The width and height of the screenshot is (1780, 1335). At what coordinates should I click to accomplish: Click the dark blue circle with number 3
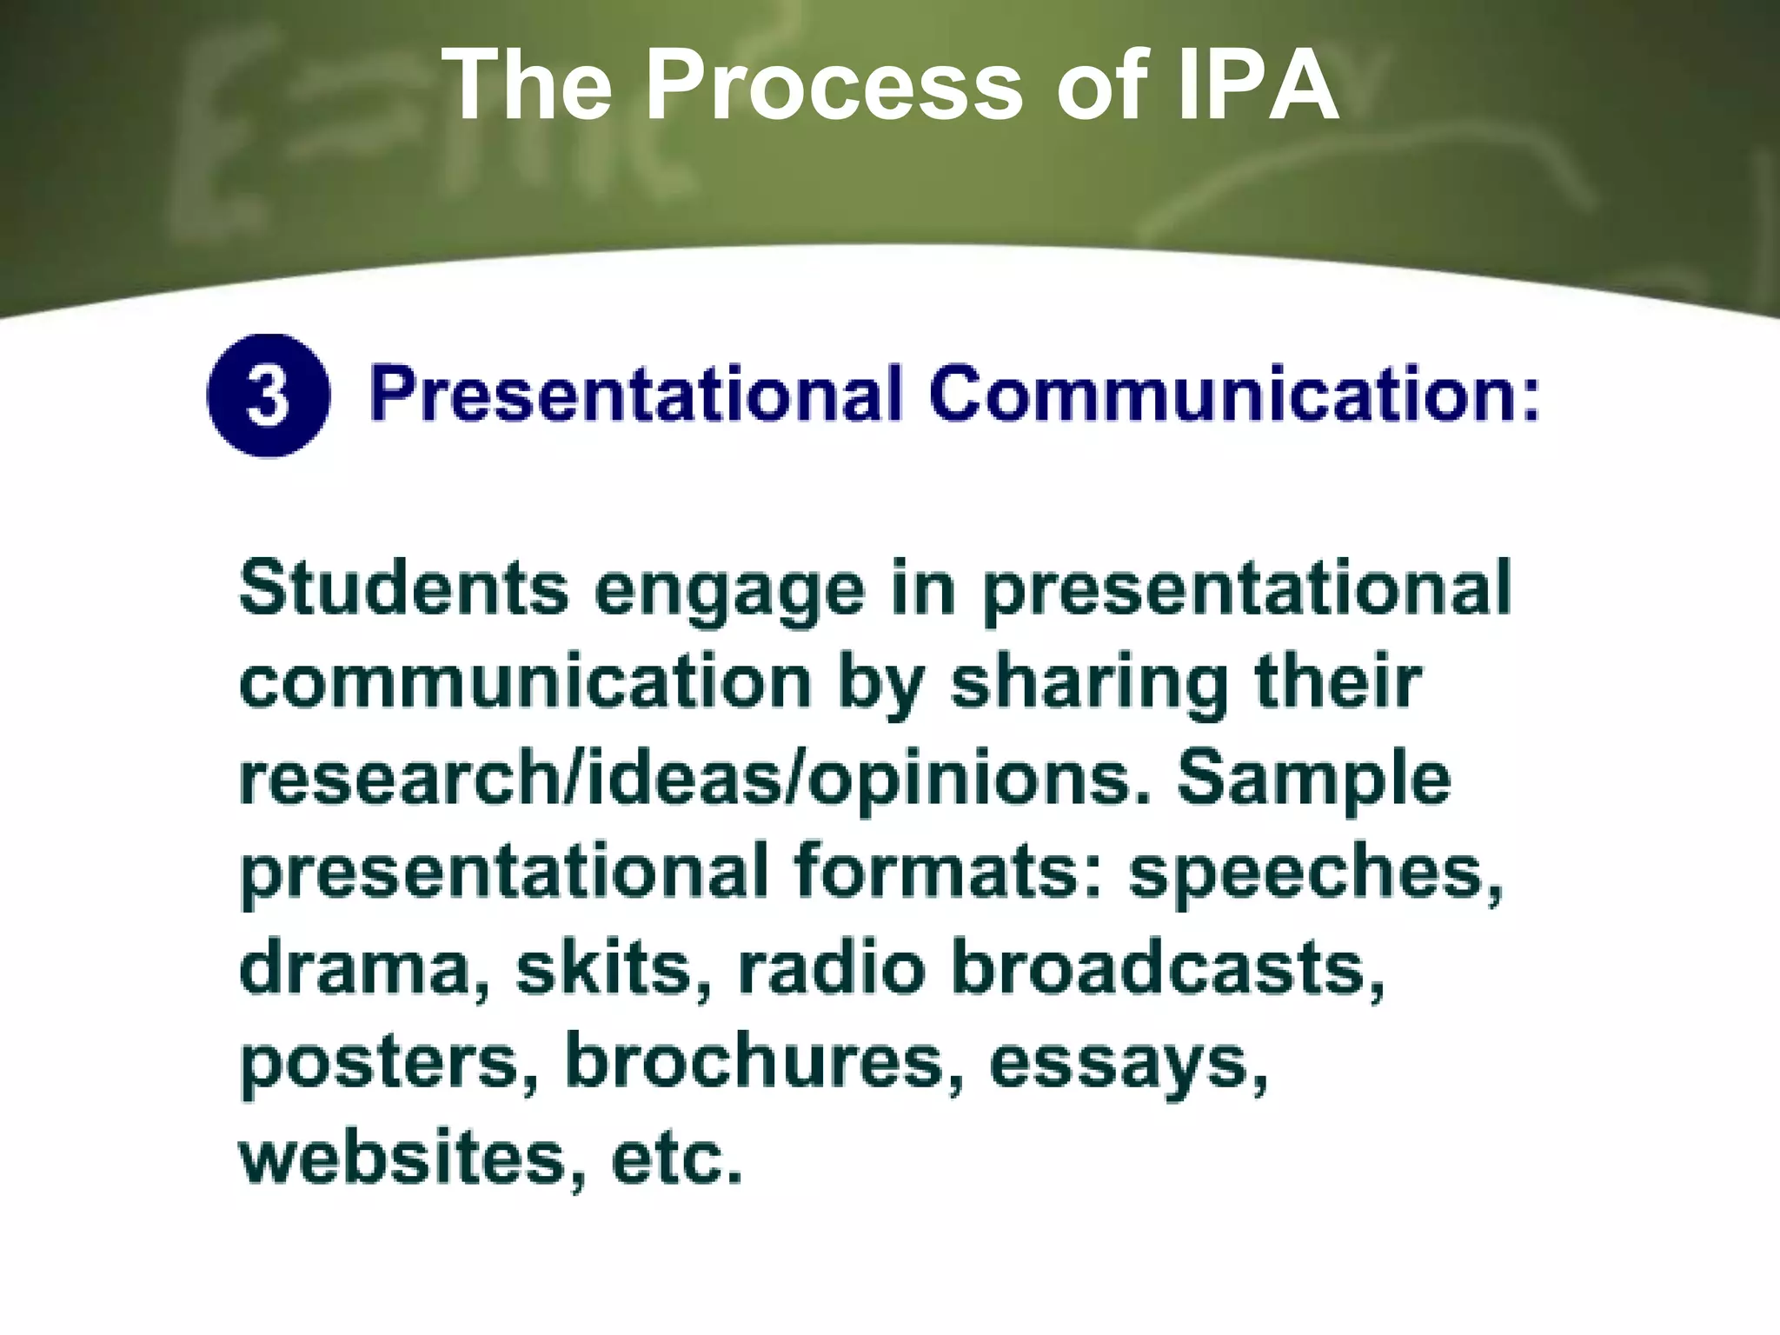point(269,395)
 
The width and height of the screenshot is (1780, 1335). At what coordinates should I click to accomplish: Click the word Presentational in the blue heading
point(636,395)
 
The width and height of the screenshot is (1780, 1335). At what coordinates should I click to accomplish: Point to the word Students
point(403,589)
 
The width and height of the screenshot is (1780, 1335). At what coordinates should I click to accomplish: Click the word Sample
point(1313,780)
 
